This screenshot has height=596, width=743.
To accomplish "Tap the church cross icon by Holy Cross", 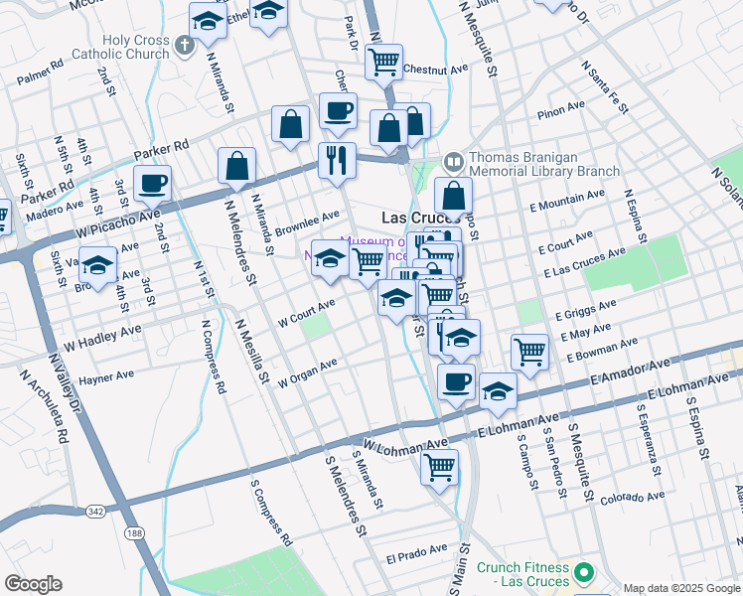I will tap(184, 44).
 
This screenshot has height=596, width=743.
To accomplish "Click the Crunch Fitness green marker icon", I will tap(585, 573).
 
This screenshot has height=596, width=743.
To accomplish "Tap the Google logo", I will tap(33, 584).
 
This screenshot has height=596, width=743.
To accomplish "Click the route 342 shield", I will tap(95, 511).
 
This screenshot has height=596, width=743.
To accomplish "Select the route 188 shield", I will tap(134, 533).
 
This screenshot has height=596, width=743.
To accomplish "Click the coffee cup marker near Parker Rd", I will tap(152, 183).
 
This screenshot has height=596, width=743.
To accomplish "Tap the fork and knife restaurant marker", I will tap(337, 159).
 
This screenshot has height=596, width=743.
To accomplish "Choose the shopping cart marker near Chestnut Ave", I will tap(382, 63).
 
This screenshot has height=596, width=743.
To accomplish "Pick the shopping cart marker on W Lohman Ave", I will tap(439, 465).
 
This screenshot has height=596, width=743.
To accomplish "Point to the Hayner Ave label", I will tap(106, 377).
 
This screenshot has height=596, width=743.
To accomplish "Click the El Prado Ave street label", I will tap(416, 552).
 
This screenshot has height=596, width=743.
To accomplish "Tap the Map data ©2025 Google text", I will tap(680, 588).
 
